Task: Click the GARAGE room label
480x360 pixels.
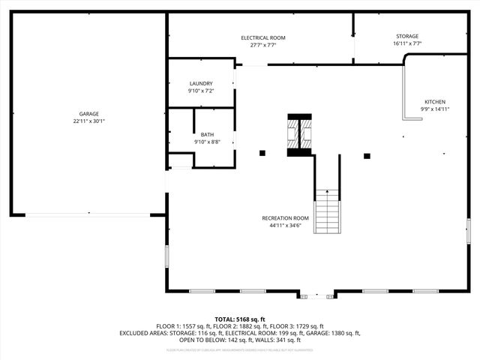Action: coord(88,114)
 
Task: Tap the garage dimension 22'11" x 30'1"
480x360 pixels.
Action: coord(88,121)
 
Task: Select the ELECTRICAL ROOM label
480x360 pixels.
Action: coord(262,37)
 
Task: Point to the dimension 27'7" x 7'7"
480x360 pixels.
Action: coord(262,45)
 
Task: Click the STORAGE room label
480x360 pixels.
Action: coord(407,36)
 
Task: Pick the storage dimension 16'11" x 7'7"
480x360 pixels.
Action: coord(407,43)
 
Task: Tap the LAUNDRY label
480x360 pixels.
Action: coord(200,83)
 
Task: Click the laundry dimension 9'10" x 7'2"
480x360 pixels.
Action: coord(200,91)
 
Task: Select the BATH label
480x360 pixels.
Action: coord(206,134)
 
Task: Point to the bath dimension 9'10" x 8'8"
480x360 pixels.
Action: coord(206,142)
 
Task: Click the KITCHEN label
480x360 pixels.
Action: coord(435,101)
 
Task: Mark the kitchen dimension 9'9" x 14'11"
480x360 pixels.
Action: coord(435,109)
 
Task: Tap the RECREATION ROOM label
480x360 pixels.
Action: coord(285,217)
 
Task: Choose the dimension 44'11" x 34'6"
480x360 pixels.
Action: coord(285,225)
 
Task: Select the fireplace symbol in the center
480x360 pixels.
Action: coord(301,136)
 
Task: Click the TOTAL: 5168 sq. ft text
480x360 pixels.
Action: coord(240,319)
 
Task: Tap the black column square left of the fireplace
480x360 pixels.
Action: coord(262,154)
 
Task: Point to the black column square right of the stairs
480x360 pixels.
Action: coord(367,156)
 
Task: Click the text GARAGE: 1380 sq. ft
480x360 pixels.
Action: coord(333,333)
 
